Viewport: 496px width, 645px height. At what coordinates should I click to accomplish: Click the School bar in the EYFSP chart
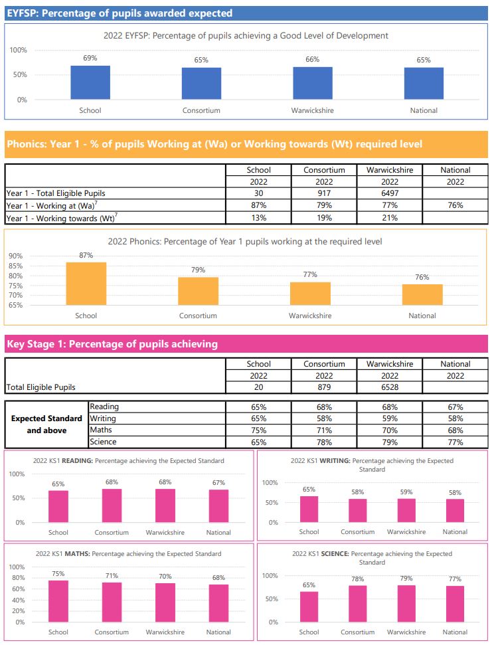tap(90, 82)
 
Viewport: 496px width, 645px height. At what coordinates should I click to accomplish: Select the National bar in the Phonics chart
tap(422, 294)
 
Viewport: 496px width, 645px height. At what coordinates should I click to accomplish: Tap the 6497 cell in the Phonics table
tap(390, 193)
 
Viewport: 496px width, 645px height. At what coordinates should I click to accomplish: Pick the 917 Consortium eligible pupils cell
tap(324, 193)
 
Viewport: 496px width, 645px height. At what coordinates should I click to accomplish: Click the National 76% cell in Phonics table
tap(455, 205)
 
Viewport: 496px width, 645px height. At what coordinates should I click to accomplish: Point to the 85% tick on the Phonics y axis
tap(16, 266)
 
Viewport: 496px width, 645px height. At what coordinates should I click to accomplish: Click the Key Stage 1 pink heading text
tap(112, 344)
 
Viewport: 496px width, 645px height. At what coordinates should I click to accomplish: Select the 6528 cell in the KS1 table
tap(390, 387)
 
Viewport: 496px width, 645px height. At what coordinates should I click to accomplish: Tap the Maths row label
tap(101, 430)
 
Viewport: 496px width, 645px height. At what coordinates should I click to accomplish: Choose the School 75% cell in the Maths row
tap(259, 430)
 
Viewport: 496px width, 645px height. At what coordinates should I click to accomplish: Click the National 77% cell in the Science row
tap(455, 442)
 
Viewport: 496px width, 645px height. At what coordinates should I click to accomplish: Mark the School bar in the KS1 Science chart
tap(309, 606)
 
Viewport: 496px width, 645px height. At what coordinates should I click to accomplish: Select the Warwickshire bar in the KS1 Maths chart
tap(165, 602)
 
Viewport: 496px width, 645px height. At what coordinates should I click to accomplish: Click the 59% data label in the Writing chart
tap(406, 492)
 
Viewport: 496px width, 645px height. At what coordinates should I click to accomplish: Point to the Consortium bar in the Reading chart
tap(112, 506)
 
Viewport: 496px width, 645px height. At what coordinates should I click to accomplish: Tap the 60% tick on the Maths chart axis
tap(19, 589)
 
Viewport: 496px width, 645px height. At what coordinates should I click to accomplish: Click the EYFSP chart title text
tap(246, 36)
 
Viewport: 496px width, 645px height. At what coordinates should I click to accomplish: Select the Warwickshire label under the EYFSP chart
tap(313, 110)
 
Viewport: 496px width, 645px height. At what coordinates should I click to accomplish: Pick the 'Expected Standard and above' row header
tap(46, 424)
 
